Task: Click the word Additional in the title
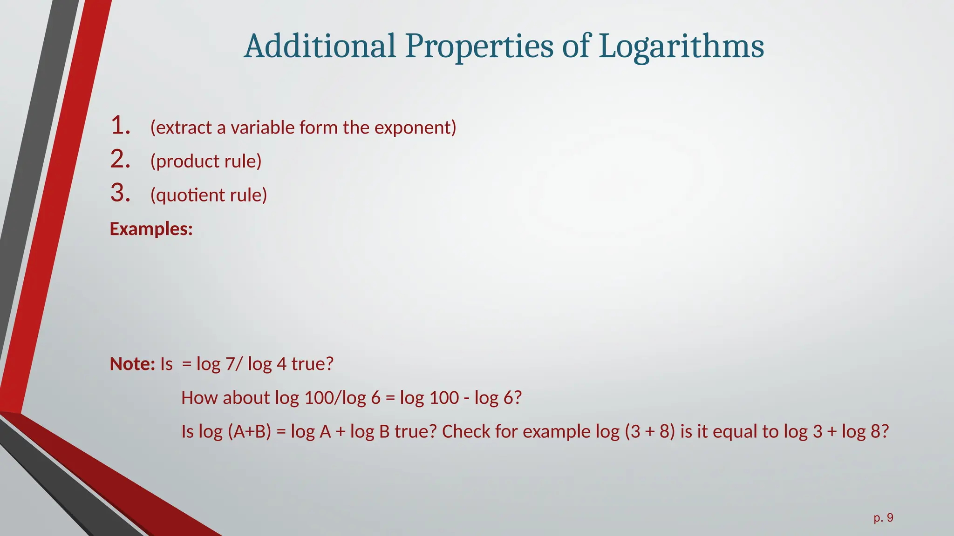(x=320, y=47)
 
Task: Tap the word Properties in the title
(x=479, y=47)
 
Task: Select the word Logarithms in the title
(x=681, y=47)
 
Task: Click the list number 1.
(x=120, y=126)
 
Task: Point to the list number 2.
(x=120, y=160)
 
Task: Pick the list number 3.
(x=120, y=193)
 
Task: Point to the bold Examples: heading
(x=151, y=229)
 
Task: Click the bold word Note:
(x=132, y=364)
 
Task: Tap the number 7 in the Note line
(x=230, y=364)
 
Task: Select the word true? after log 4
(x=313, y=364)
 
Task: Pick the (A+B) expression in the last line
(x=250, y=432)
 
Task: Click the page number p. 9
(x=884, y=518)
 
